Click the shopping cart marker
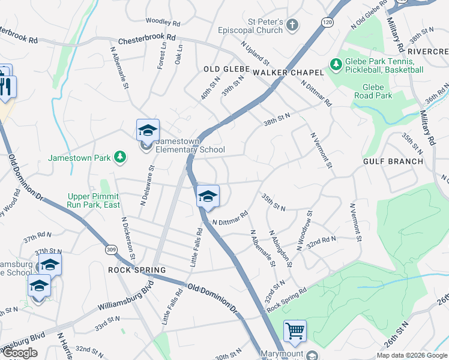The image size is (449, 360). (295, 331)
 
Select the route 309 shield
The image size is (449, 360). (110, 249)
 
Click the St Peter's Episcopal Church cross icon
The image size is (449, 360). (292, 25)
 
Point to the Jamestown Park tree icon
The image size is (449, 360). (121, 157)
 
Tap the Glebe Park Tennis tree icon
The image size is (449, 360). (336, 62)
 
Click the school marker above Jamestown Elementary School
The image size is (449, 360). (148, 130)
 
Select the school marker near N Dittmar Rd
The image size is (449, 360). (208, 196)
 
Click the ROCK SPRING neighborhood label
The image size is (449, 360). (136, 270)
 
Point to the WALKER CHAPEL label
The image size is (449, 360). (288, 72)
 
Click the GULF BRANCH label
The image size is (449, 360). (393, 161)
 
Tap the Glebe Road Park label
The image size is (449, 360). (373, 91)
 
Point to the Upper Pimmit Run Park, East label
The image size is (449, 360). (93, 201)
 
